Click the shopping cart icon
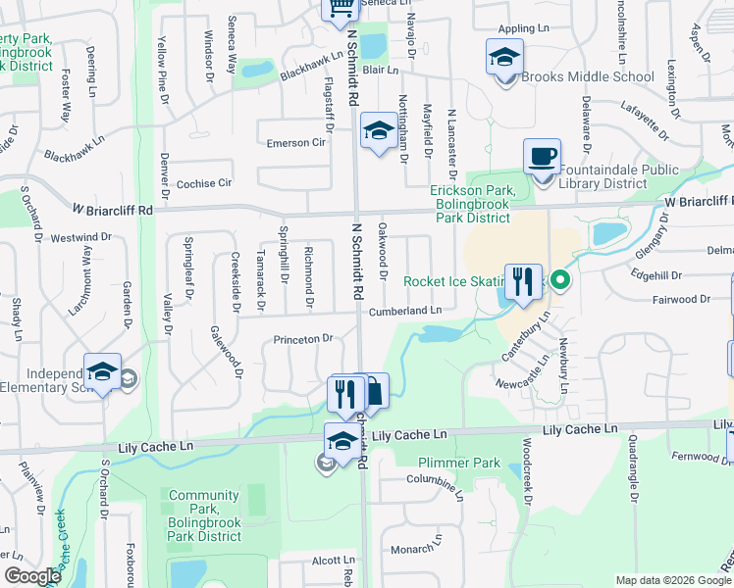pos(341,9)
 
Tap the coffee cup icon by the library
pos(542,157)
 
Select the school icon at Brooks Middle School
pos(504,57)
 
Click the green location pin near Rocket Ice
pos(560,281)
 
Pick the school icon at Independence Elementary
pos(102,372)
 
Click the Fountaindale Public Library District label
pos(618,176)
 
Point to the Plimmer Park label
pos(446,463)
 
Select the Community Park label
pos(204,515)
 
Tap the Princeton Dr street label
pos(304,339)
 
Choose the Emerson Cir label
pos(295,143)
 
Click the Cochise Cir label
pos(204,183)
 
